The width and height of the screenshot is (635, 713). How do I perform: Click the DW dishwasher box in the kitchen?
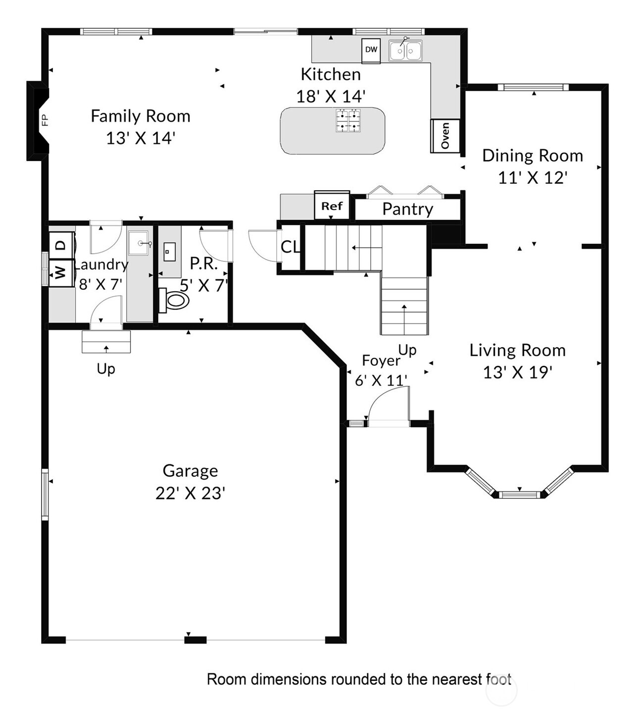371,51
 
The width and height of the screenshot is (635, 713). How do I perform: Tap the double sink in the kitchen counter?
405,51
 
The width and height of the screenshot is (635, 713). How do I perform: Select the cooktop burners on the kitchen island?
348,120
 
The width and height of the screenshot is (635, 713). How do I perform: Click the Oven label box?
445,136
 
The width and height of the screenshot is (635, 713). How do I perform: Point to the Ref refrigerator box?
332,206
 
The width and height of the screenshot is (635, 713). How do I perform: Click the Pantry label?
407,209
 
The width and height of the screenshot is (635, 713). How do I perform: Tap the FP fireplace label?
45,120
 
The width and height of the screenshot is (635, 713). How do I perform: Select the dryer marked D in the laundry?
62,245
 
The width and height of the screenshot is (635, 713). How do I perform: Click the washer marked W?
61,273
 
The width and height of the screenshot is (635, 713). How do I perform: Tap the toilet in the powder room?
174,300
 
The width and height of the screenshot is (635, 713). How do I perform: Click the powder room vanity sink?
169,252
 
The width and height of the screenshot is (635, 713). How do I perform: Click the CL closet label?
290,247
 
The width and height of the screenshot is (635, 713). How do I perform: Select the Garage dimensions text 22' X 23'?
190,493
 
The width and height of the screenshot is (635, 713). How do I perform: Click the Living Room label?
518,350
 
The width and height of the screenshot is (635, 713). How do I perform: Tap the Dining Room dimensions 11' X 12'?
533,178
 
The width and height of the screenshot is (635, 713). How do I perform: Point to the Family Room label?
141,116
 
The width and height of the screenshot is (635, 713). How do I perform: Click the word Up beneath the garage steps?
106,369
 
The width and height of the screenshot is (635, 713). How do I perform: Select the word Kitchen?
331,75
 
